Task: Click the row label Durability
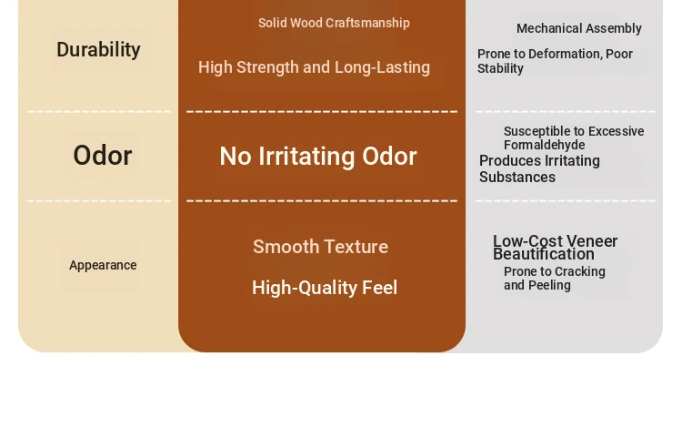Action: (x=98, y=50)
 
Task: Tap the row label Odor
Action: (x=103, y=156)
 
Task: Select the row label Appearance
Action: (x=103, y=265)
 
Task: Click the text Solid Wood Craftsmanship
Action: (x=334, y=23)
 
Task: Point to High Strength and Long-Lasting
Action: (x=314, y=67)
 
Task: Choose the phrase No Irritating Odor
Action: (x=318, y=156)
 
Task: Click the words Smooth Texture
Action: (x=321, y=247)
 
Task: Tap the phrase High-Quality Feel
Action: (x=325, y=288)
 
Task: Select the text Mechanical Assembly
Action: (x=579, y=29)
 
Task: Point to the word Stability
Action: (x=500, y=69)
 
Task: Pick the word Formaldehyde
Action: (x=544, y=145)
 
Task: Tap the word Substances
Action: (x=517, y=178)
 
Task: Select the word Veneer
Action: (x=592, y=241)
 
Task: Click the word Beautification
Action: (x=543, y=254)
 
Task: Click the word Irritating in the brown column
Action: (x=306, y=156)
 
